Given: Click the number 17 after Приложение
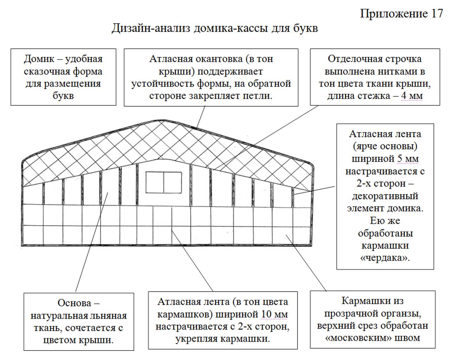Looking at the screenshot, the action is [437, 14].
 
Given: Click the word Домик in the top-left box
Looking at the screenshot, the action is [39, 59].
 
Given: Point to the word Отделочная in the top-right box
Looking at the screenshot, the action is [356, 59].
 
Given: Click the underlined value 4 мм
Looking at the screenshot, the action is [412, 96].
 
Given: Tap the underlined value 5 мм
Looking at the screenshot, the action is [408, 158].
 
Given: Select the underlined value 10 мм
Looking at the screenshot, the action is [274, 314].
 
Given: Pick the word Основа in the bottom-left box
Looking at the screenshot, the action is [74, 303].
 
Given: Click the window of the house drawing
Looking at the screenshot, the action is [164, 182].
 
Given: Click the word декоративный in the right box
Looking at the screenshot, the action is [385, 196].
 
